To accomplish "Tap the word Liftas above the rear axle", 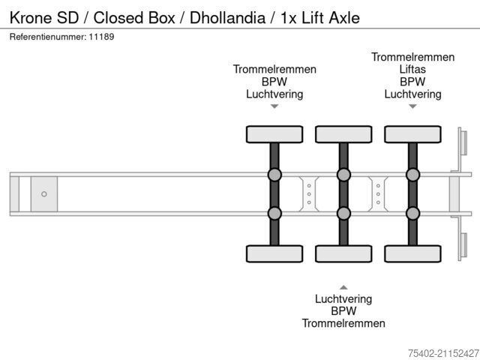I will [x=412, y=70].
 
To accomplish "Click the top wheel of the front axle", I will [x=274, y=134].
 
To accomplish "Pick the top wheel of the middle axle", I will [x=343, y=134].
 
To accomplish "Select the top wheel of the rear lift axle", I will [x=412, y=134].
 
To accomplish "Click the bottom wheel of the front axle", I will [x=274, y=254].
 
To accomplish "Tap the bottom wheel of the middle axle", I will [x=343, y=254].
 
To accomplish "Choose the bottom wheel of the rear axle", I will [x=412, y=254].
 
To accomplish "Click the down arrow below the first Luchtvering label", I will [x=274, y=106].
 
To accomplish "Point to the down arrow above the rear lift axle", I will [x=412, y=106].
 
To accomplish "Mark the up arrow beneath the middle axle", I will [x=343, y=286].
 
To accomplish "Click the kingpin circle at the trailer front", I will [x=44, y=194].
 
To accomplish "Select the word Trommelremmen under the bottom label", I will [x=343, y=323].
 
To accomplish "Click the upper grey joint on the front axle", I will [x=274, y=175].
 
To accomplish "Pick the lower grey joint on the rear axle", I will [x=412, y=213].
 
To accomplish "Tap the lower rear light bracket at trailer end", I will [x=462, y=247].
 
